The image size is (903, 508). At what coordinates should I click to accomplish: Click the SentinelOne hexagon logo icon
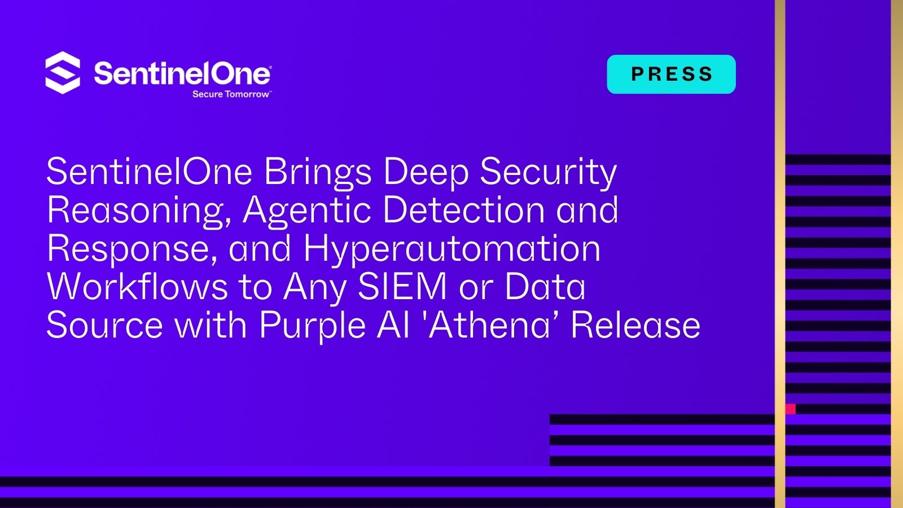[63, 73]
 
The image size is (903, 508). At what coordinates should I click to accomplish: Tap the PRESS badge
[671, 74]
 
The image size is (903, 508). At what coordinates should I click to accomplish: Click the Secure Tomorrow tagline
[231, 94]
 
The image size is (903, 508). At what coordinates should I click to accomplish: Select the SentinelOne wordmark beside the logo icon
[183, 73]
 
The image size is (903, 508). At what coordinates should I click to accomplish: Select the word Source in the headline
[105, 325]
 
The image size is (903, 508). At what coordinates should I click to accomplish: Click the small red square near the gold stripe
[791, 409]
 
